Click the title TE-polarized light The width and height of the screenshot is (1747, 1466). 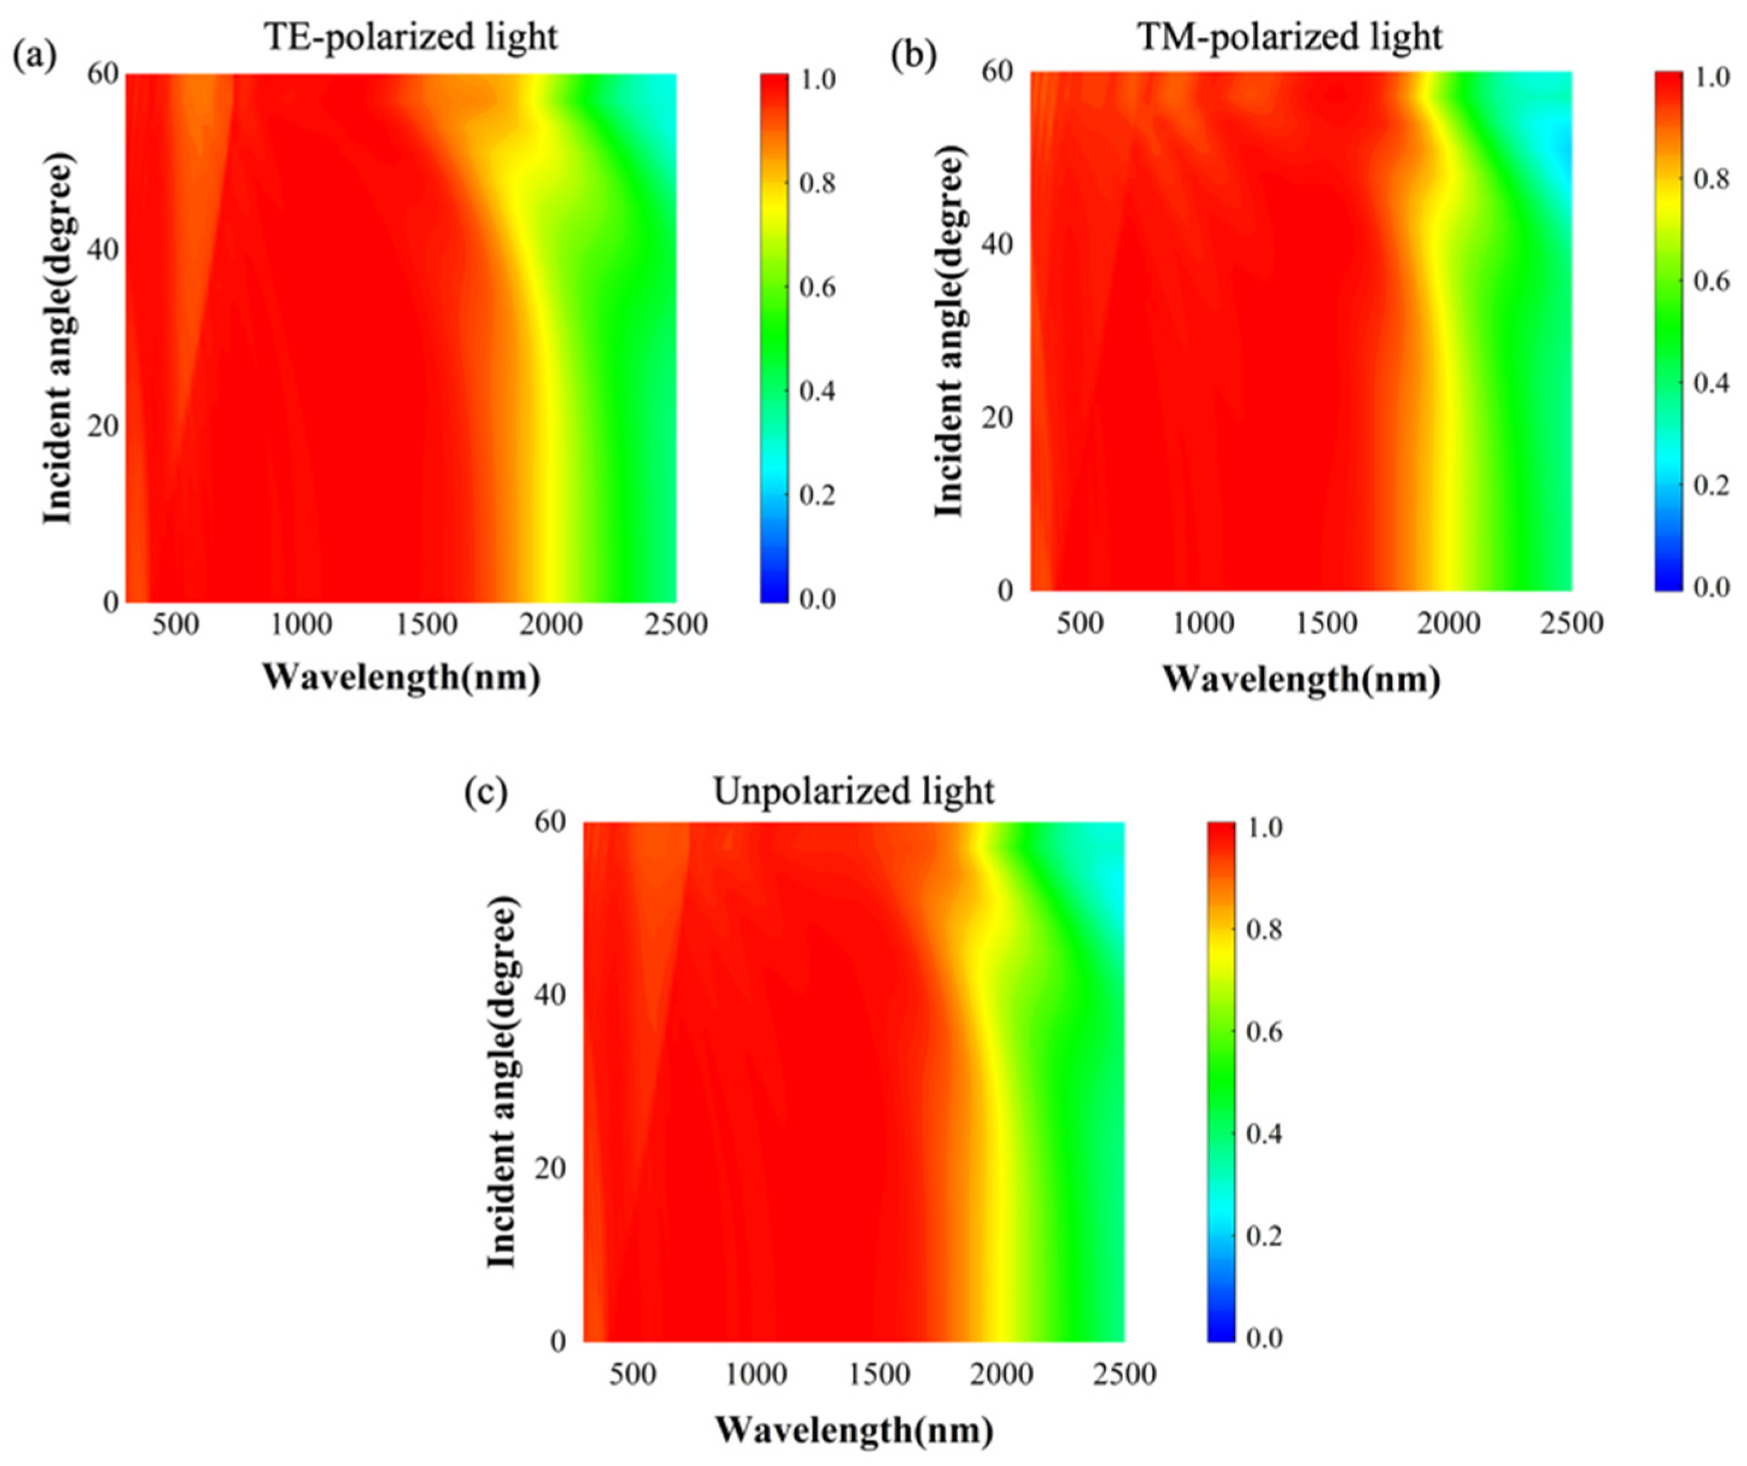click(411, 38)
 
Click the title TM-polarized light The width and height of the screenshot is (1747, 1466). click(1289, 38)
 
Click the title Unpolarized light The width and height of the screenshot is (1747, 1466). click(854, 791)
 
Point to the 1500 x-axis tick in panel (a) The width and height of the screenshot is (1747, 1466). click(427, 624)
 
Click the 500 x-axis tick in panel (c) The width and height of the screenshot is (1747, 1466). click(632, 1374)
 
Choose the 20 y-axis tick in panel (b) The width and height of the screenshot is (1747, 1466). click(996, 419)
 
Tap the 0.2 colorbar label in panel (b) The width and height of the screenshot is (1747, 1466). click(1712, 485)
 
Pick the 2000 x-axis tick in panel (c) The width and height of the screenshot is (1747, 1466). click(1002, 1374)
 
